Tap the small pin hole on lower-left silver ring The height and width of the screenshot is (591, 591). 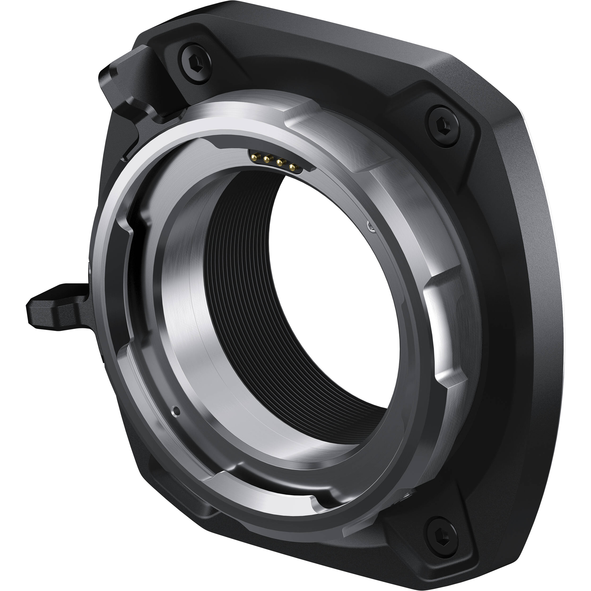[176, 410]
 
